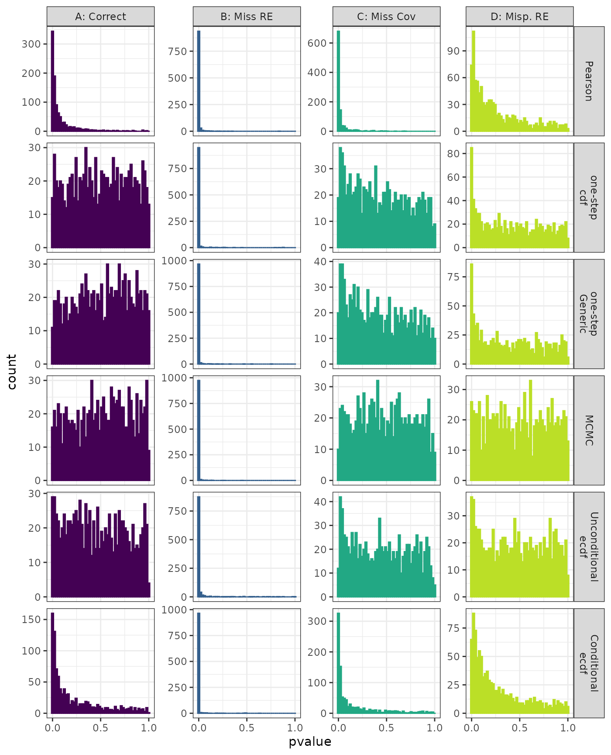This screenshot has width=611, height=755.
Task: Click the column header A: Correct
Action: [x=100, y=17]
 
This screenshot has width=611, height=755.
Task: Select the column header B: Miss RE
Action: [x=247, y=17]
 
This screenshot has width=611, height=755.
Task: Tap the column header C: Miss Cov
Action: [x=386, y=17]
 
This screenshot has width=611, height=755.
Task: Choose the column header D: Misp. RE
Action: [x=519, y=17]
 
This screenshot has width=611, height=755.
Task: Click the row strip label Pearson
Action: [x=589, y=81]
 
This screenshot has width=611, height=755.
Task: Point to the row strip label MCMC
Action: [x=589, y=430]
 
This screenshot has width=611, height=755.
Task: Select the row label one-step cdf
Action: [x=589, y=197]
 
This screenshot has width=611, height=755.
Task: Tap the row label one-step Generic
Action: [x=589, y=314]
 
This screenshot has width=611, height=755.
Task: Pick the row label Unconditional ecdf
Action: [x=589, y=547]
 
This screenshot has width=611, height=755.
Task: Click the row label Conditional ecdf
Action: [x=589, y=663]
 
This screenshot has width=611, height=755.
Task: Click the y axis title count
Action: [x=12, y=372]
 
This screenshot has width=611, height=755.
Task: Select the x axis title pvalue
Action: [x=310, y=742]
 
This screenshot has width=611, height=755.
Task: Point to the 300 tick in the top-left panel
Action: [x=31, y=44]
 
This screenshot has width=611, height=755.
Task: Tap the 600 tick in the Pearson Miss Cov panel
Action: [x=317, y=43]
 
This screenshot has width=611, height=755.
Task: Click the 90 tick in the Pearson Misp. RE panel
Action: [x=454, y=51]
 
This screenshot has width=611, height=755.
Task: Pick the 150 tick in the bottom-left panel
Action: [x=31, y=620]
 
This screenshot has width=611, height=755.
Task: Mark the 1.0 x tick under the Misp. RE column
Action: [x=568, y=728]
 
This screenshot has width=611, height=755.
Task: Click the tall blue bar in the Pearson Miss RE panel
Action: [x=199, y=81]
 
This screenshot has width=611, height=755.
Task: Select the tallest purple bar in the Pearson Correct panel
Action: [x=53, y=81]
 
